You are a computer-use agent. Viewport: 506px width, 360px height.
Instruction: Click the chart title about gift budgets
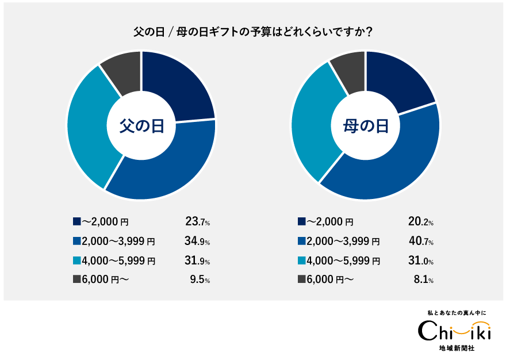click(253, 32)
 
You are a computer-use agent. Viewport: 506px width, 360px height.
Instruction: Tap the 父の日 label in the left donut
click(141, 125)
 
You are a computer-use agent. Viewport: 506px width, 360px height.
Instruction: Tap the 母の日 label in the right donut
click(366, 125)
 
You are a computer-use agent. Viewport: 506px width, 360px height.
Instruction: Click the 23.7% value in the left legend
click(197, 221)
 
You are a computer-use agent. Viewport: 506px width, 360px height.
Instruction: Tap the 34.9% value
click(197, 242)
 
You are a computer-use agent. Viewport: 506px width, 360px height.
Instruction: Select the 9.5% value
click(200, 280)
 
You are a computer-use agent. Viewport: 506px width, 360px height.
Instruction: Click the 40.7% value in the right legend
click(420, 242)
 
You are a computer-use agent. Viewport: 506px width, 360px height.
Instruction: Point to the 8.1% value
click(423, 280)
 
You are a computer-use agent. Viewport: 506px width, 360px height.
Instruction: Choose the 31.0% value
click(420, 261)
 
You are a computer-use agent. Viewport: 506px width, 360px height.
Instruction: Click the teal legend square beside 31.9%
click(76, 261)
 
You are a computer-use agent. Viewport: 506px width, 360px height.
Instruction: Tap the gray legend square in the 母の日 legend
click(301, 279)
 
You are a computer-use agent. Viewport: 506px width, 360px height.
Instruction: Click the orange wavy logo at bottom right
click(470, 328)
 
